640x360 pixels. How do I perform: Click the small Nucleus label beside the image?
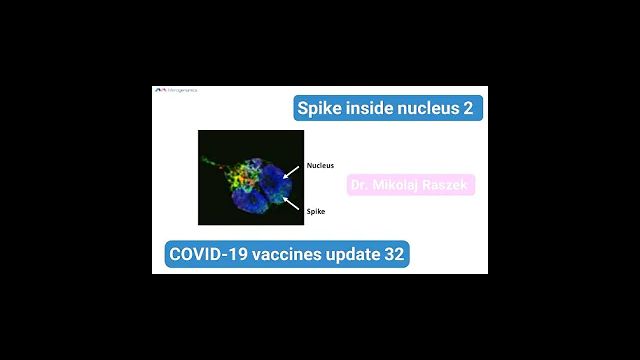320,166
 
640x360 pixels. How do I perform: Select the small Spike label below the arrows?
316,211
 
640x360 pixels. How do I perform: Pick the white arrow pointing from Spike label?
293,203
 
